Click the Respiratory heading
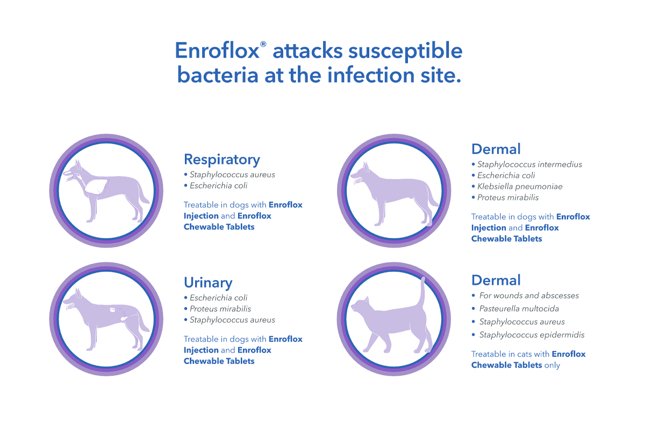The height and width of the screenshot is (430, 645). coord(221,160)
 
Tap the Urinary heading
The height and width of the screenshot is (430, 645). coord(208,283)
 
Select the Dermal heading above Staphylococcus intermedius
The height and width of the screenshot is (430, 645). coord(496,149)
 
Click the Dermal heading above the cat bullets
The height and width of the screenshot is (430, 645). coord(496,280)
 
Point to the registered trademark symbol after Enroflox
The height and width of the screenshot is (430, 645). coord(263,44)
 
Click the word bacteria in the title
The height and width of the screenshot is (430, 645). coord(218,75)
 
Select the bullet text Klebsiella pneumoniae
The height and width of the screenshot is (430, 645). coord(520,187)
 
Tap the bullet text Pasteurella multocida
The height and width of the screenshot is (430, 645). coord(519,309)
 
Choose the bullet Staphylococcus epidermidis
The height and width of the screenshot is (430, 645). coord(532,335)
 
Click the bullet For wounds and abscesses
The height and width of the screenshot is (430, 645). coord(529,296)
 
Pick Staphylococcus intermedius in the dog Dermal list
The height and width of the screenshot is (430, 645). coord(529,164)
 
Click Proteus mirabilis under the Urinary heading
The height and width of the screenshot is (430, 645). coord(220,309)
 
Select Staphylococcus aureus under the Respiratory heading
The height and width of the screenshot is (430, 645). coord(232,175)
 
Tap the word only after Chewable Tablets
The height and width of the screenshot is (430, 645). coord(552,365)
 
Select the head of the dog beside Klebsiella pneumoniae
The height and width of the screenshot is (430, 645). coord(361,175)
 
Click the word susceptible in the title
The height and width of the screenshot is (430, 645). coord(405,51)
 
